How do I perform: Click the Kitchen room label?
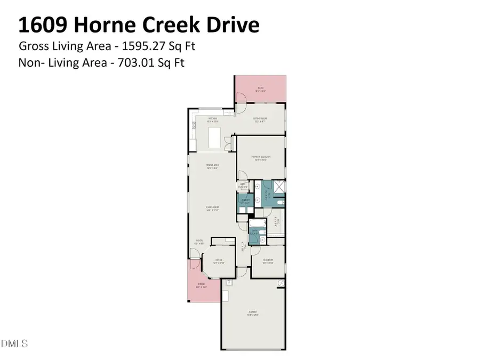pos(212,120)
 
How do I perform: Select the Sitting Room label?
pos(260,120)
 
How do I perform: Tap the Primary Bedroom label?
pos(261,157)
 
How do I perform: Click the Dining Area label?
pos(213,166)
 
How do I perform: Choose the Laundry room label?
pos(245,202)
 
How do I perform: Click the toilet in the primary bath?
pos(279,203)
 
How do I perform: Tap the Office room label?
pos(219,261)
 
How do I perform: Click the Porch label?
pos(202,285)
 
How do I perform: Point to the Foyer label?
pos(199,242)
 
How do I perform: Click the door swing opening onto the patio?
pos(241,97)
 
